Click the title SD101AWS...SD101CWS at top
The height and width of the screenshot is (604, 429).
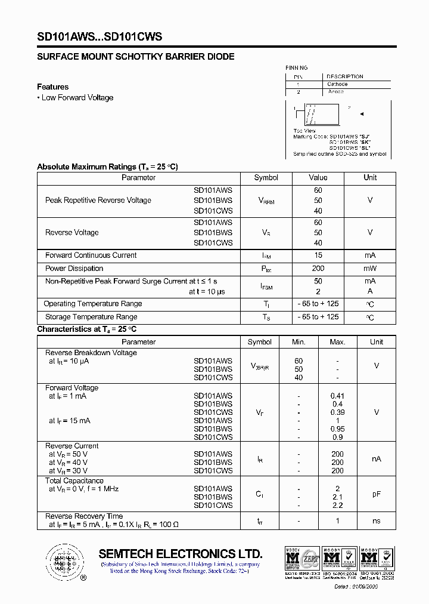pyautogui.click(x=100, y=37)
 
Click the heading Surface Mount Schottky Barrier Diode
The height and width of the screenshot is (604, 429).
pyautogui.click(x=135, y=57)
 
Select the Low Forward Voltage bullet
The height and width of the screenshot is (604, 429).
pyautogui.click(x=75, y=98)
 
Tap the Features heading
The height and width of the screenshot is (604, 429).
pyautogui.click(x=52, y=87)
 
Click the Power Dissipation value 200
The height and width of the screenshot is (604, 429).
pyautogui.click(x=318, y=269)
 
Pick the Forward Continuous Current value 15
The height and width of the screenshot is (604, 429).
pyautogui.click(x=318, y=255)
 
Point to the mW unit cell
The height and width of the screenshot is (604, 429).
pyautogui.click(x=370, y=269)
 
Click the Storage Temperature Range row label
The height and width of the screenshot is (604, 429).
pyautogui.click(x=91, y=317)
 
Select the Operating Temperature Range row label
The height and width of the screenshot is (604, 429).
pyautogui.click(x=93, y=304)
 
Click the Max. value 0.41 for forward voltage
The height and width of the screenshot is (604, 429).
pyautogui.click(x=337, y=396)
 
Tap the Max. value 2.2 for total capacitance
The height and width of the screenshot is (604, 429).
pyautogui.click(x=337, y=506)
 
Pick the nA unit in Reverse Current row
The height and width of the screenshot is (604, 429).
pyautogui.click(x=376, y=459)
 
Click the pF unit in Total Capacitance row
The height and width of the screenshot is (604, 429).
pyautogui.click(x=376, y=495)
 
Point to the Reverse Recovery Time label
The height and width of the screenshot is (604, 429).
pyautogui.click(x=84, y=516)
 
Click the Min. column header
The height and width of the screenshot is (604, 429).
pyautogui.click(x=299, y=342)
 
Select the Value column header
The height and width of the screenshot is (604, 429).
pyautogui.click(x=318, y=178)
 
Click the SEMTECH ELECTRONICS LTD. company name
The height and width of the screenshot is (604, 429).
pyautogui.click(x=181, y=553)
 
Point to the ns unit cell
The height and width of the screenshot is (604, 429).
pyautogui.click(x=376, y=521)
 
